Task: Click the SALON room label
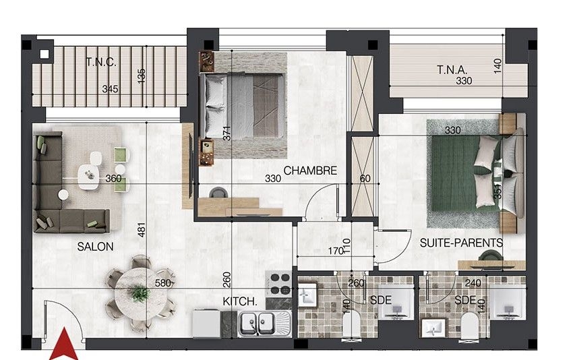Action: tap(96, 247)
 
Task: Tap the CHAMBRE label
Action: tap(310, 171)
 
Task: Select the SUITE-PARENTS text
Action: tap(461, 243)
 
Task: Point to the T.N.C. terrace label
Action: tap(101, 62)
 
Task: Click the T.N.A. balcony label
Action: tap(452, 69)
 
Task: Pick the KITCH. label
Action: tap(239, 301)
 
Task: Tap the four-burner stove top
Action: tap(279, 284)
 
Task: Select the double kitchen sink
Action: tap(265, 323)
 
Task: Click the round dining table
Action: tap(140, 293)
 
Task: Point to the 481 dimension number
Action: tap(142, 230)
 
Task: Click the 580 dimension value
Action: tap(162, 283)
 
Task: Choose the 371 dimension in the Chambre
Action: tap(227, 133)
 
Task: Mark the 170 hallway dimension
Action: tap(336, 251)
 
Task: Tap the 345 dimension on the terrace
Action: tap(110, 89)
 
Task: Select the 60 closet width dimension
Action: tap(365, 179)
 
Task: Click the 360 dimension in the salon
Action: tap(113, 179)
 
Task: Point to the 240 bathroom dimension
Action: tap(473, 283)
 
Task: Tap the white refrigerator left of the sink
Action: tap(206, 323)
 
